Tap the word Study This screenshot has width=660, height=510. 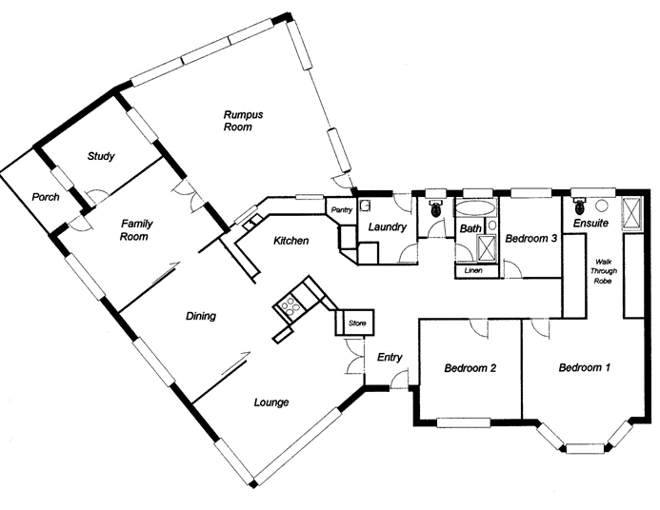click(101, 156)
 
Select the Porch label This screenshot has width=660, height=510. click(45, 198)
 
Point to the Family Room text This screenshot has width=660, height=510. click(137, 230)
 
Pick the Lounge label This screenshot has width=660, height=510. click(270, 402)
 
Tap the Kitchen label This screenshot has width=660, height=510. click(290, 242)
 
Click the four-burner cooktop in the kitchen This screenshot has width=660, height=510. click(289, 305)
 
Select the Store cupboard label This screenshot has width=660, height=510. click(357, 322)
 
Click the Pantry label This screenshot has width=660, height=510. click(341, 209)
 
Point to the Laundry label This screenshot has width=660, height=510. click(390, 227)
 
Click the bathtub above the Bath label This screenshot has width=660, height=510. click(475, 208)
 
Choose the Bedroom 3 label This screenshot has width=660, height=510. click(530, 239)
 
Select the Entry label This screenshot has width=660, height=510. click(390, 358)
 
